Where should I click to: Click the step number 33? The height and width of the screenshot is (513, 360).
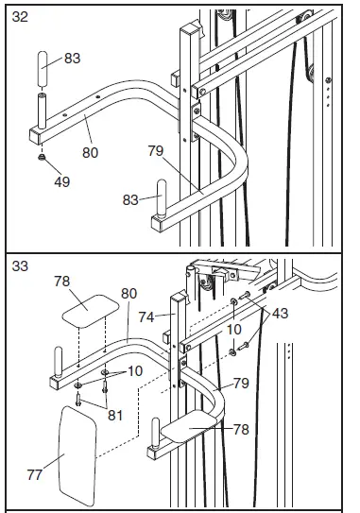point(19,267)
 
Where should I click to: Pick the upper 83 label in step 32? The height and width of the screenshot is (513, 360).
point(73,58)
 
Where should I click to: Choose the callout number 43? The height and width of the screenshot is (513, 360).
point(281,313)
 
